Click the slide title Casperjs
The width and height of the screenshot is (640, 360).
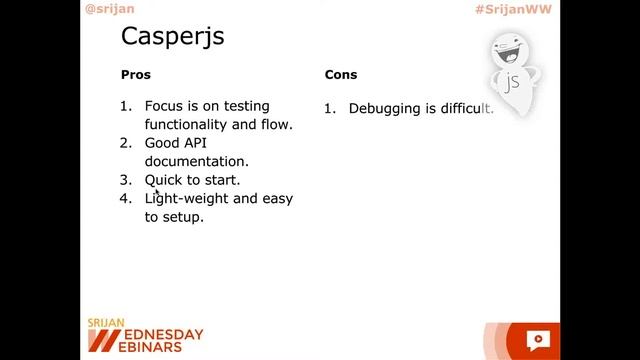click(172, 37)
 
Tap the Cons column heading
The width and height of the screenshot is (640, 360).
click(340, 75)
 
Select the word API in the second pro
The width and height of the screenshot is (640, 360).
click(196, 143)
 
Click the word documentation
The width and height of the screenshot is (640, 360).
click(196, 161)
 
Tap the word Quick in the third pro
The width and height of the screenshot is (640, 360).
click(164, 180)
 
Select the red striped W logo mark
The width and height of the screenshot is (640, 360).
click(97, 338)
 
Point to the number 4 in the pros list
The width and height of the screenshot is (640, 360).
click(126, 198)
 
